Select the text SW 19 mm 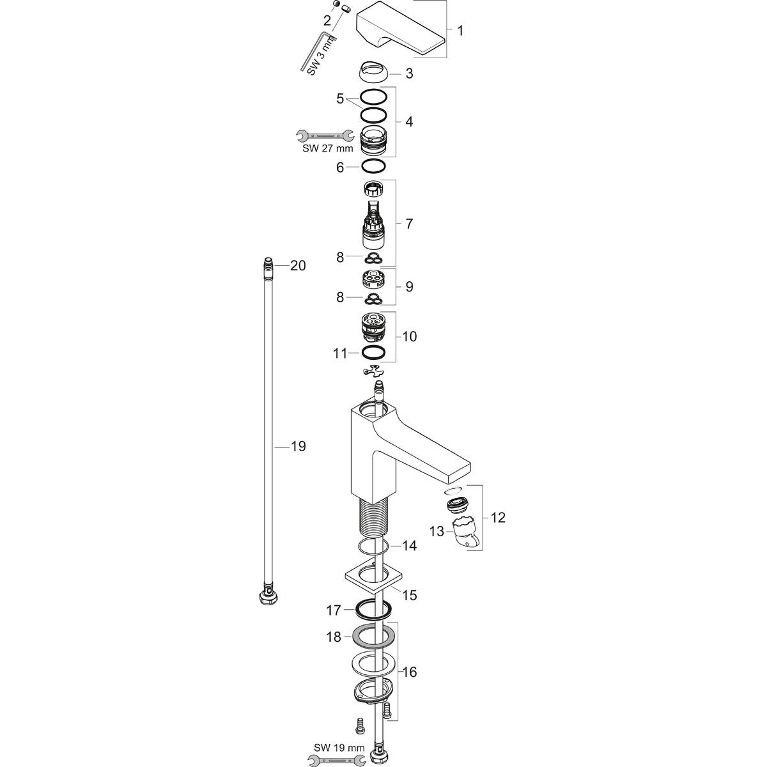(339, 747)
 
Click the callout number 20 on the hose (298, 265)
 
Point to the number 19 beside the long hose (298, 446)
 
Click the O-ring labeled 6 (374, 166)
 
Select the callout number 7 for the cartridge (409, 224)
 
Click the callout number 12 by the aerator (497, 517)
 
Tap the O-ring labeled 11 (374, 352)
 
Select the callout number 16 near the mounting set (409, 672)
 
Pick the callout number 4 (409, 121)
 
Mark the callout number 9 (409, 286)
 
